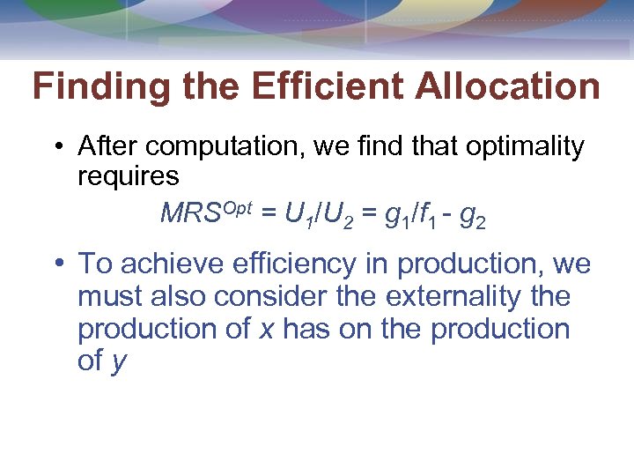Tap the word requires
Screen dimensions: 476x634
point(129,176)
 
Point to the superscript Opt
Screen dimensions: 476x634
point(237,208)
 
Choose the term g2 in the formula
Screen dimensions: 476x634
point(473,215)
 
